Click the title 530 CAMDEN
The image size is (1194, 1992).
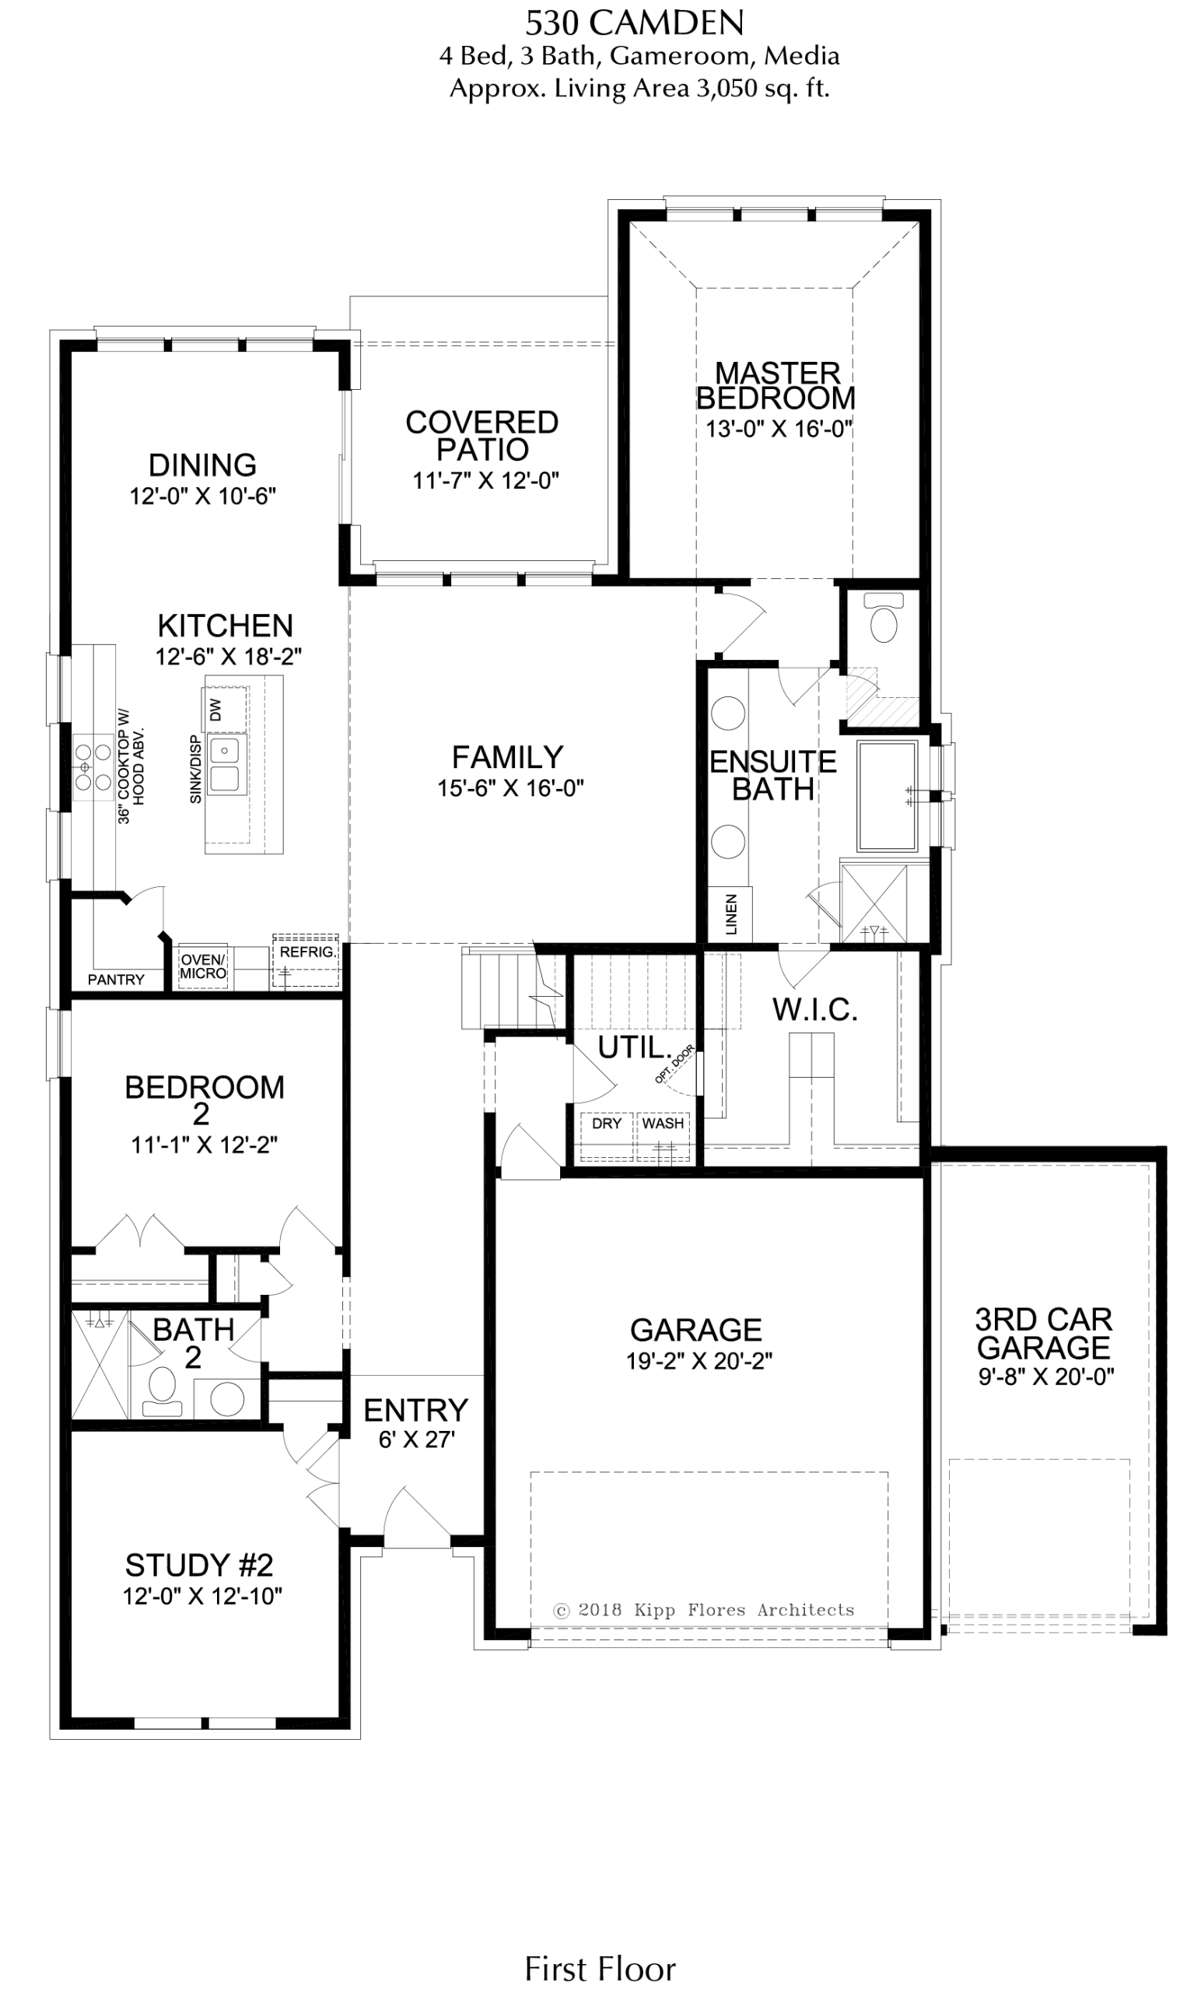[634, 23]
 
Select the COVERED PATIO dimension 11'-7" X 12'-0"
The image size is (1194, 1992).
[486, 481]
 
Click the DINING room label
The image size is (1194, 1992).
[203, 465]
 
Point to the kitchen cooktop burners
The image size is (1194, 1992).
[93, 766]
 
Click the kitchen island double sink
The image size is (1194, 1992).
[225, 764]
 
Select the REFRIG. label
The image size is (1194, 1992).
[307, 952]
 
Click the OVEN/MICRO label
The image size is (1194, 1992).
[204, 966]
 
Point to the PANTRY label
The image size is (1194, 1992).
[116, 980]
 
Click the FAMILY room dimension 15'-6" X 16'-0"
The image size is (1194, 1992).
[510, 788]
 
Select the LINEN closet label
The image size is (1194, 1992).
[731, 914]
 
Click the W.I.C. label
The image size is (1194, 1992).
[815, 1010]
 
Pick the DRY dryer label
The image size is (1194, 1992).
[607, 1123]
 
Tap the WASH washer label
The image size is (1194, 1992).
[663, 1123]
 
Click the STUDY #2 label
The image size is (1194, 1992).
[200, 1566]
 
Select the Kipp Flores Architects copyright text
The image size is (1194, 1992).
[704, 1610]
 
